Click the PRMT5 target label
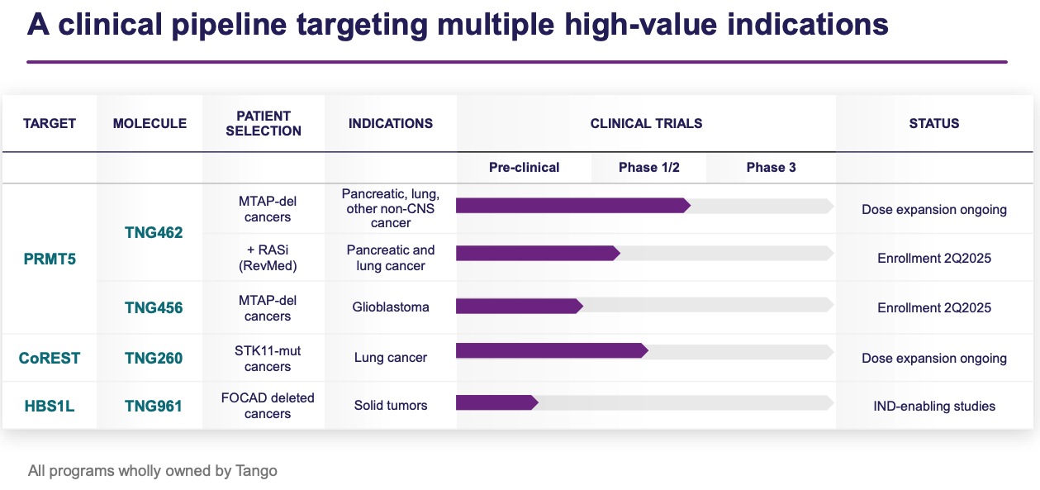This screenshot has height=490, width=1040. pyautogui.click(x=49, y=258)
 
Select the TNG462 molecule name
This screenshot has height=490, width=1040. pyautogui.click(x=154, y=233)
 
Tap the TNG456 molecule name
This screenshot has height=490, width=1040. pyautogui.click(x=154, y=307)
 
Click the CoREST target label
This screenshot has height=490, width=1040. pyautogui.click(x=49, y=358)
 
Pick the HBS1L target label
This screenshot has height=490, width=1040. pyautogui.click(x=49, y=406)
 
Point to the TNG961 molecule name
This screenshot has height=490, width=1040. pyautogui.click(x=154, y=406)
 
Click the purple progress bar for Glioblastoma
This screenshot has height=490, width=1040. pyautogui.click(x=519, y=306)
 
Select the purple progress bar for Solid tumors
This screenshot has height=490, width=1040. pyautogui.click(x=496, y=402)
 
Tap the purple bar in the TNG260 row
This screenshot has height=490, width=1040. pyautogui.click(x=551, y=351)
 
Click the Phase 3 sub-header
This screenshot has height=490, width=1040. pyautogui.click(x=771, y=167)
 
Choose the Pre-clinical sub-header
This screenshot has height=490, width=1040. pyautogui.click(x=524, y=167)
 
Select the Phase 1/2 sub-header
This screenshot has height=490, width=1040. pyautogui.click(x=648, y=167)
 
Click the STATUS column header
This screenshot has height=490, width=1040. pyautogui.click(x=933, y=123)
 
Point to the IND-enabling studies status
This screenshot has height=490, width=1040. pyautogui.click(x=933, y=406)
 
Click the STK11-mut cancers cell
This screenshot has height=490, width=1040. pyautogui.click(x=268, y=359)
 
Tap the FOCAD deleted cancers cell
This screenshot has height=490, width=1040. pyautogui.click(x=268, y=406)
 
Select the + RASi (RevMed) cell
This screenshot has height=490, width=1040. pyautogui.click(x=268, y=258)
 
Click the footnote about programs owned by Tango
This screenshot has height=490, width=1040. pyautogui.click(x=153, y=471)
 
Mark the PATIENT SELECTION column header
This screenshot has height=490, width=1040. pyautogui.click(x=264, y=123)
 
